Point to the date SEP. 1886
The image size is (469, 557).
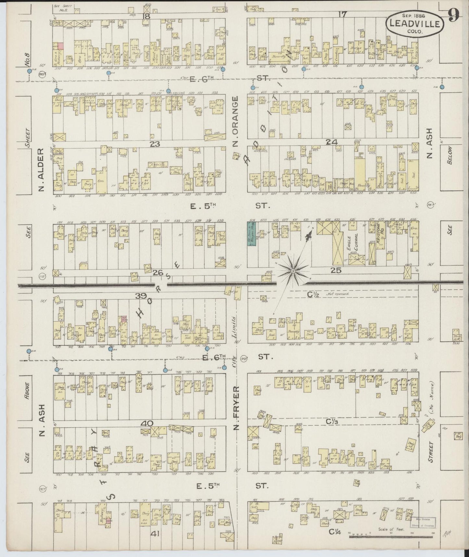tap(414, 15)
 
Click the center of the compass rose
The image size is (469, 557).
tap(293, 270)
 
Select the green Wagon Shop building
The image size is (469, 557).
tap(251, 233)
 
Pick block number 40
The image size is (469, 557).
tap(147, 423)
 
